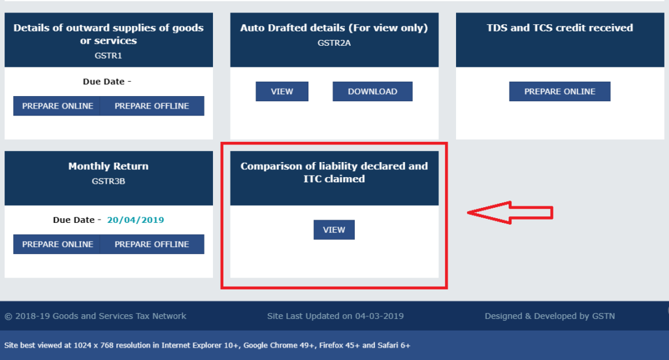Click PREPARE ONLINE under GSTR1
pyautogui.click(x=57, y=106)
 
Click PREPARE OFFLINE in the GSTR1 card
pyautogui.click(x=152, y=106)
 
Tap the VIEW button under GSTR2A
pyautogui.click(x=282, y=91)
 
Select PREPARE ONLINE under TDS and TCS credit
pyautogui.click(x=560, y=91)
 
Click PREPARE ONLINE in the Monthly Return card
pyautogui.click(x=57, y=244)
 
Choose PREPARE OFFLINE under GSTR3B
pyautogui.click(x=152, y=244)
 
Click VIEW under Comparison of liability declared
pyautogui.click(x=334, y=229)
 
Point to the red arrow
pyautogui.click(x=510, y=212)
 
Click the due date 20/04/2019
pyautogui.click(x=135, y=220)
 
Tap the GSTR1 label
pyautogui.click(x=108, y=56)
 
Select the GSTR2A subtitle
pyautogui.click(x=334, y=42)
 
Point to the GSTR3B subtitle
pyautogui.click(x=108, y=181)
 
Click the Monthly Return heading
pyautogui.click(x=108, y=166)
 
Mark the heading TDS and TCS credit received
pyautogui.click(x=560, y=27)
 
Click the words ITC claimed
pyautogui.click(x=334, y=179)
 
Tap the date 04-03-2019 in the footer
pyautogui.click(x=380, y=316)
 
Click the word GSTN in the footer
pyautogui.click(x=603, y=316)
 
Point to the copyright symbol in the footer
pyautogui.click(x=8, y=316)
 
